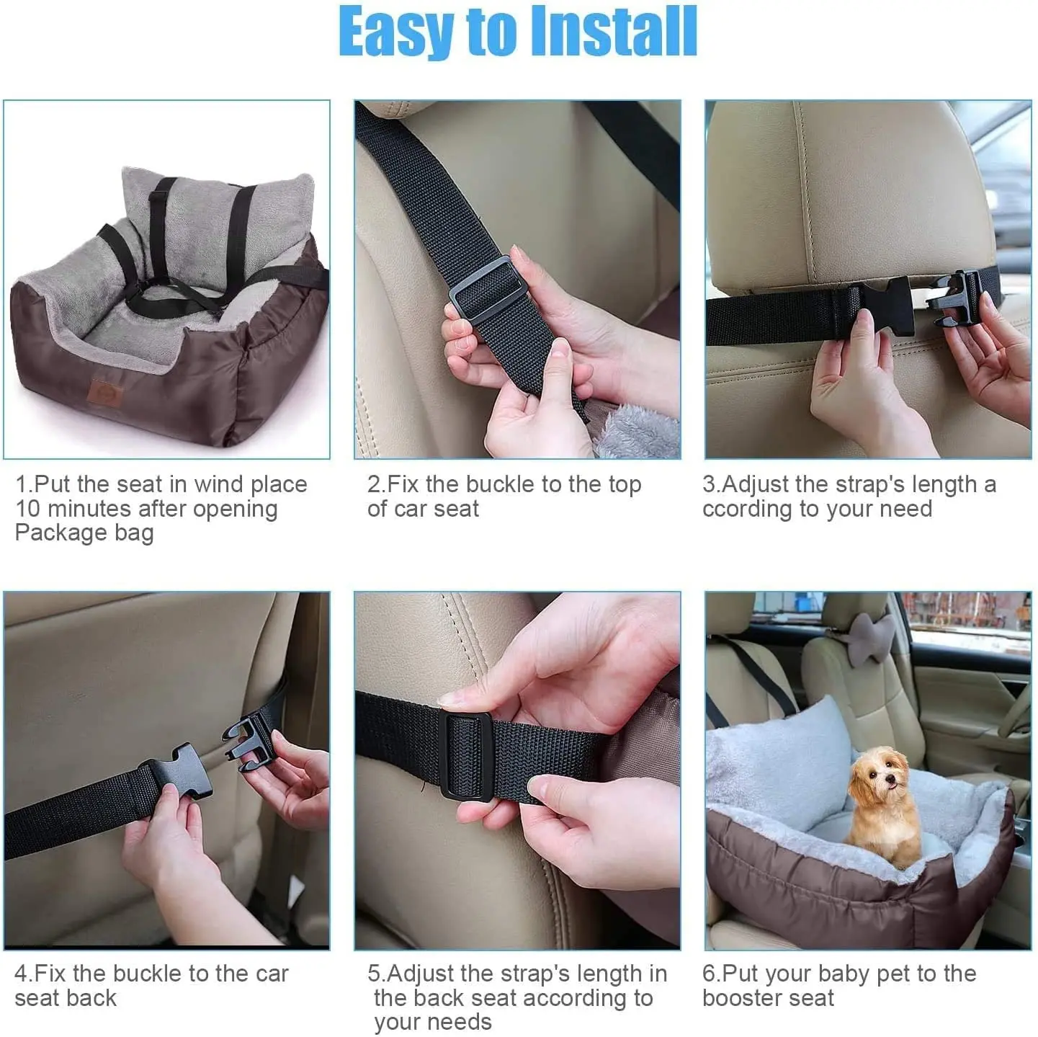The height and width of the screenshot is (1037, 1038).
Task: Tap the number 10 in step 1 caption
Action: pos(28,509)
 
